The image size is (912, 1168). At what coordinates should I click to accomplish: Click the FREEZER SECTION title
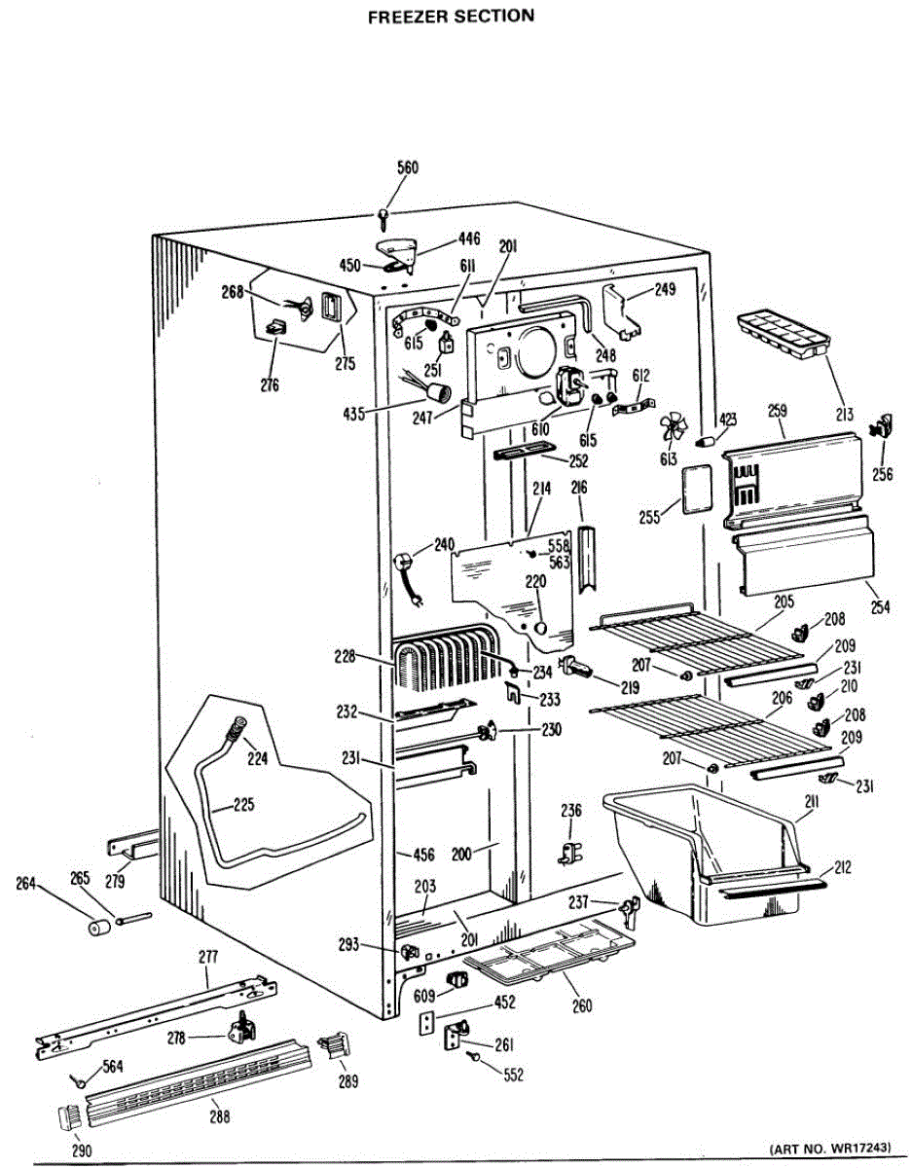451,17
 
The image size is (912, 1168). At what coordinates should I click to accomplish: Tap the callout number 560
408,167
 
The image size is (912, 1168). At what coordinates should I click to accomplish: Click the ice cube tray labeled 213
784,332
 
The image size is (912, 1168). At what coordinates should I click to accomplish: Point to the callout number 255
650,517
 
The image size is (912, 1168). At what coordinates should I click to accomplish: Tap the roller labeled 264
97,928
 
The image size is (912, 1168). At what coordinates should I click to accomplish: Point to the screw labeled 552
475,1056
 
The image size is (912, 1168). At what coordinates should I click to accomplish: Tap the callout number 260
581,1005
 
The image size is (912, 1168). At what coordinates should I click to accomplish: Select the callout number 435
353,414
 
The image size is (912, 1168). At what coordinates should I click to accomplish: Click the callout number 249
665,289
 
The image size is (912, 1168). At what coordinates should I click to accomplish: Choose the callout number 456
423,854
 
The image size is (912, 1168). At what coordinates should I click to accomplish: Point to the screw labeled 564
77,1079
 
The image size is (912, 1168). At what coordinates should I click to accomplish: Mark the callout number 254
880,606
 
